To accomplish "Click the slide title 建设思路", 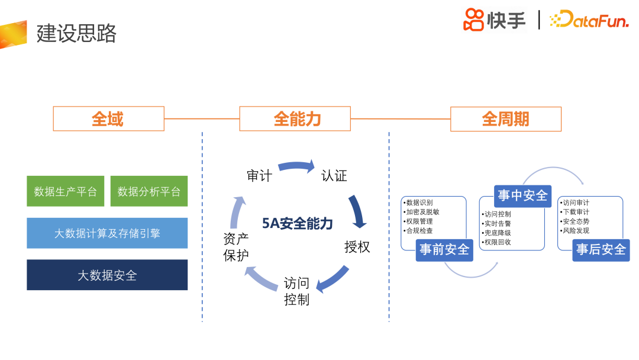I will coord(76,33).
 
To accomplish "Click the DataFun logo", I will coord(589,20).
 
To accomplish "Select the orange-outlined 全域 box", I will coord(108,119).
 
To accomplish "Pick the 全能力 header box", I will coord(295,119).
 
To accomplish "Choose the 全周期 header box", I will coord(505,119).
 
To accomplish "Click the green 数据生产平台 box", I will coord(66,191).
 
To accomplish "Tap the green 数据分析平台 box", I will coord(149,191).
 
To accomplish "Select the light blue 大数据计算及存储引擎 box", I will coord(107,233).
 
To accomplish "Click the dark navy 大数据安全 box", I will coord(107,275).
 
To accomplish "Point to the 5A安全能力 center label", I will coord(298,223).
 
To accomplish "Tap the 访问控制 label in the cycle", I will coord(296,291).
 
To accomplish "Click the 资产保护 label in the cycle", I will coord(236,247).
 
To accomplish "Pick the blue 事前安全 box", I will coord(444,249).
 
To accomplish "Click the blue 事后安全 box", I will coord(601,249).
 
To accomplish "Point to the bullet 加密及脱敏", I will coord(422,212).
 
